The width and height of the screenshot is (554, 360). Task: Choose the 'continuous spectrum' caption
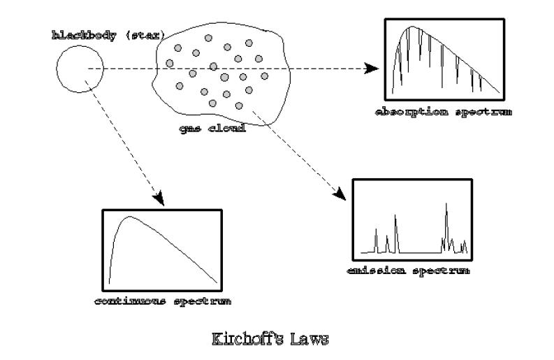[x=163, y=302]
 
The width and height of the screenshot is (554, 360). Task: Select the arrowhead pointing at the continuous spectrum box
[x=159, y=199]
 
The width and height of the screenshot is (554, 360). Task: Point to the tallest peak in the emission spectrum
[x=446, y=204]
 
